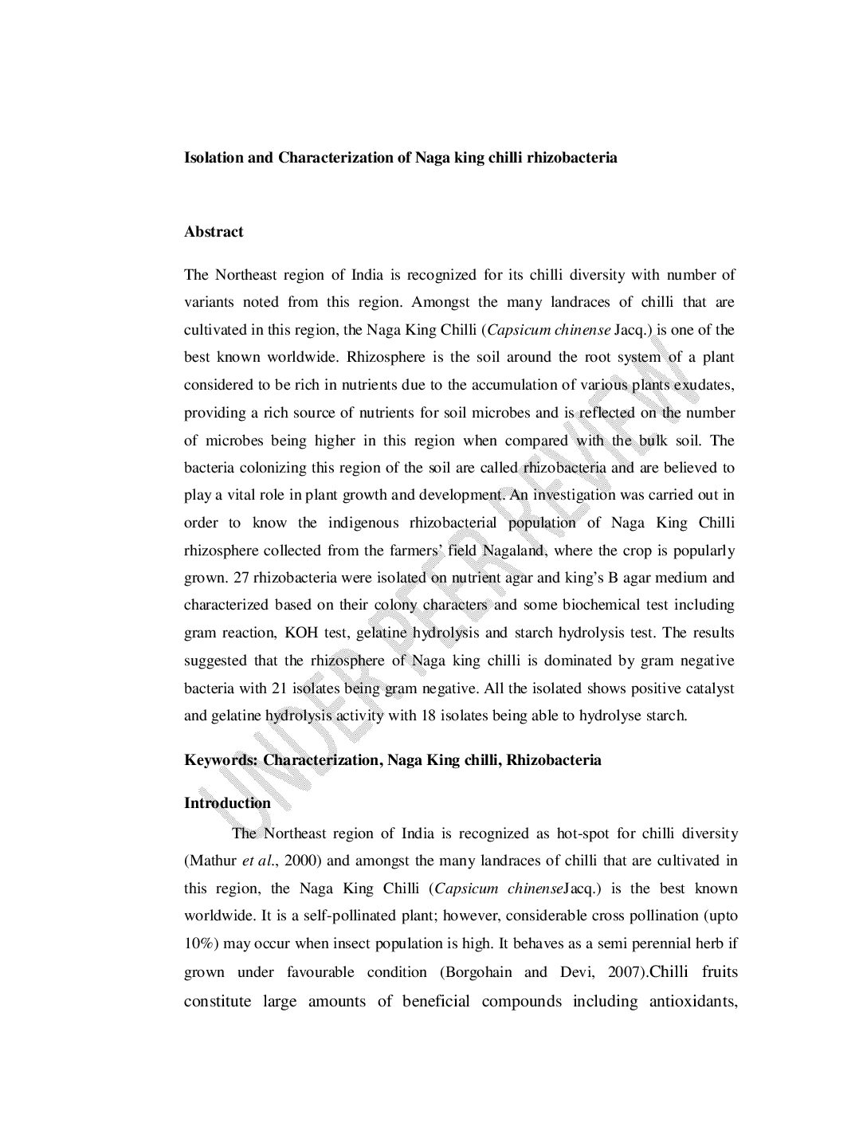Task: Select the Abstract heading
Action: coord(214,232)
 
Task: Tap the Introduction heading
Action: coord(227,802)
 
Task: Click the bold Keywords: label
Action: coord(222,759)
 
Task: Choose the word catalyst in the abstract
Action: coord(708,688)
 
